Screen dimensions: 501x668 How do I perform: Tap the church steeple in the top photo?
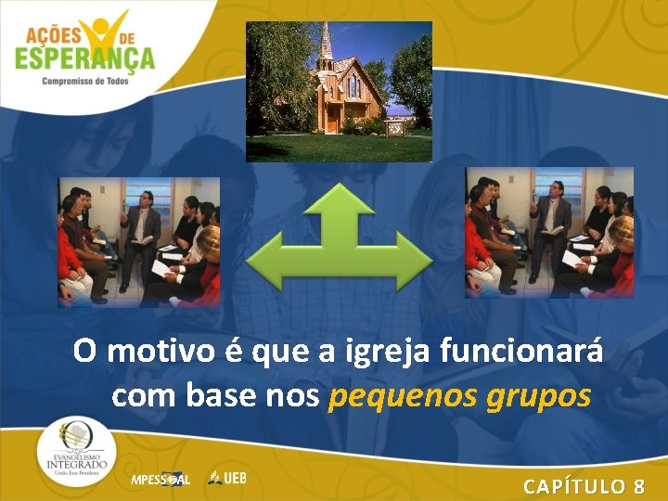pos(327,46)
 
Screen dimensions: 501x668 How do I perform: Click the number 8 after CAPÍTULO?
pos(639,486)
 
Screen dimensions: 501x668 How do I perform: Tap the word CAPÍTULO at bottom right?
pos(572,486)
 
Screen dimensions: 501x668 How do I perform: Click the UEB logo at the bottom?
pos(228,479)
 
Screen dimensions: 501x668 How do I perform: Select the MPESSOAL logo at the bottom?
pos(160,480)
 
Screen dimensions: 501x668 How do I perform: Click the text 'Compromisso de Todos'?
pos(85,81)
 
